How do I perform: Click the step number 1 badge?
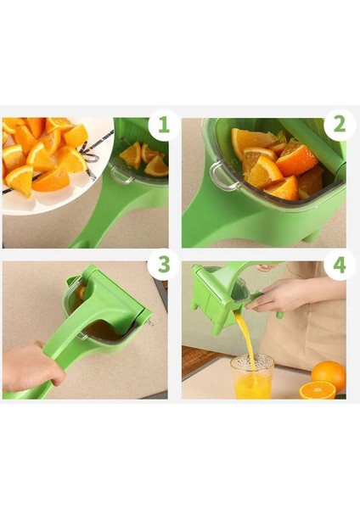(163, 125)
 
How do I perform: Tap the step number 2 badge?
(340, 125)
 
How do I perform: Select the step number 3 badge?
(163, 265)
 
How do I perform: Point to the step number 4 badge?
(340, 265)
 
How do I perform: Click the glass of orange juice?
(252, 377)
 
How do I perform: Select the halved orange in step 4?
(317, 390)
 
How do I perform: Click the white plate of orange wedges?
(48, 165)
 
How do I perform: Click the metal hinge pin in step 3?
(149, 322)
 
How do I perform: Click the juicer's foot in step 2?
(312, 236)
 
